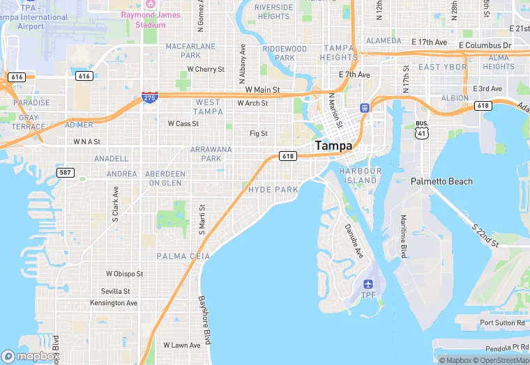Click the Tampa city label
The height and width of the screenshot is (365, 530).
[x=333, y=146]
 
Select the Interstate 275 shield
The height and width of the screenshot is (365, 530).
[x=149, y=98]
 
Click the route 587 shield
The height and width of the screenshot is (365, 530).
[x=66, y=172]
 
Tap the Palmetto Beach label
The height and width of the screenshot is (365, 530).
[x=441, y=181]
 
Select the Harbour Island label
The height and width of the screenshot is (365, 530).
[x=360, y=176]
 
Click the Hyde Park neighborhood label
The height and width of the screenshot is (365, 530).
[x=273, y=189]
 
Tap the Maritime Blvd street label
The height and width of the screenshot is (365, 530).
[x=403, y=237]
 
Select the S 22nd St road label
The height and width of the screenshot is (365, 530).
[x=484, y=235]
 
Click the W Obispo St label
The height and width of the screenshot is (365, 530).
[x=124, y=274]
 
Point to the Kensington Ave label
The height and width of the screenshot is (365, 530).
[x=114, y=303]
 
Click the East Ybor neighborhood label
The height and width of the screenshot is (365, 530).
[x=443, y=67]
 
